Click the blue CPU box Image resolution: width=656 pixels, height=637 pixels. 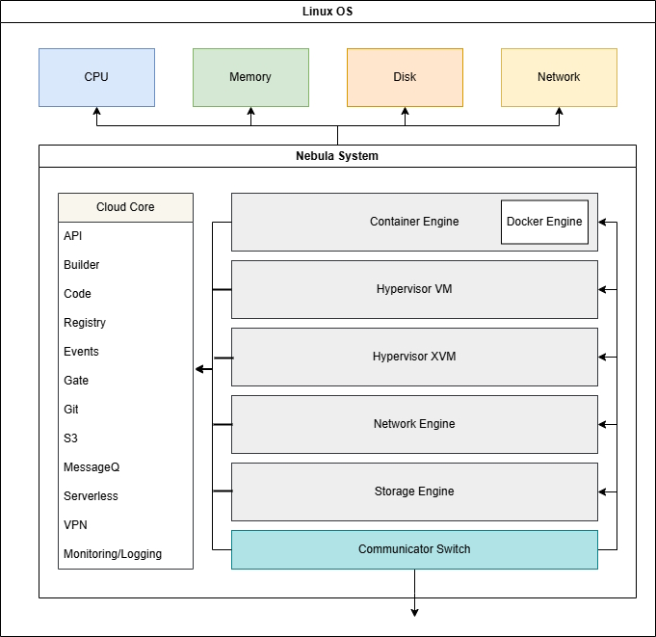click(96, 77)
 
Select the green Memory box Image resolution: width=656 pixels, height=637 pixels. click(250, 77)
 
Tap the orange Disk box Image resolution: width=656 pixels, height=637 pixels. click(405, 77)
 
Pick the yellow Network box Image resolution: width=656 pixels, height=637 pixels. click(559, 77)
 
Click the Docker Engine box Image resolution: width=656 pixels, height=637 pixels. click(544, 222)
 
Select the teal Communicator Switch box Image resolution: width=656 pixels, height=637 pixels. click(414, 549)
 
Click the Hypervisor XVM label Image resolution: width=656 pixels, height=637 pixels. click(414, 357)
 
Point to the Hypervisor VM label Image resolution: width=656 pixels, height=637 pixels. click(414, 289)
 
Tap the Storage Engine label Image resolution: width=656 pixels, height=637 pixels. click(414, 491)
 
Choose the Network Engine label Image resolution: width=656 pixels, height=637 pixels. click(414, 424)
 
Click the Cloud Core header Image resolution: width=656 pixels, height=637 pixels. click(125, 207)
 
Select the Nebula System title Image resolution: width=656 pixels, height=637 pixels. click(337, 156)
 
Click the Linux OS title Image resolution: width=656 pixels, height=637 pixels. click(328, 11)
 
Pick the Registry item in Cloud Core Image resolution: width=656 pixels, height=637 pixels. click(85, 323)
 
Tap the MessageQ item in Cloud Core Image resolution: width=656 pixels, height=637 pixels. click(92, 467)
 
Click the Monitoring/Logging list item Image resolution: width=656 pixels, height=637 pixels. click(113, 554)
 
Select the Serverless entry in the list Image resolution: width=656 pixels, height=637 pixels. click(91, 496)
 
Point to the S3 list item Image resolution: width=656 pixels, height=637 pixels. click(70, 438)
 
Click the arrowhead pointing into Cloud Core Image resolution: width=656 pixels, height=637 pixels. click(199, 369)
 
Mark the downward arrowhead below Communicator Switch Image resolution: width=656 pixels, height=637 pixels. click(414, 611)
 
